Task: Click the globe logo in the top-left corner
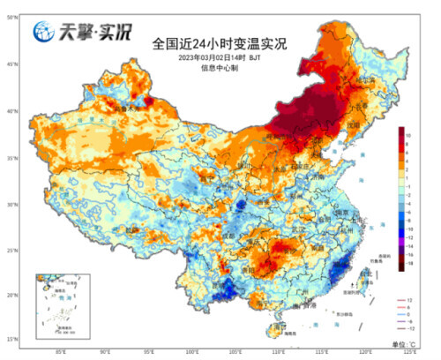[x=45, y=34]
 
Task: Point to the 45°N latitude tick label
[x=11, y=64]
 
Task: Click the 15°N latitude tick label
[x=11, y=340]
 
